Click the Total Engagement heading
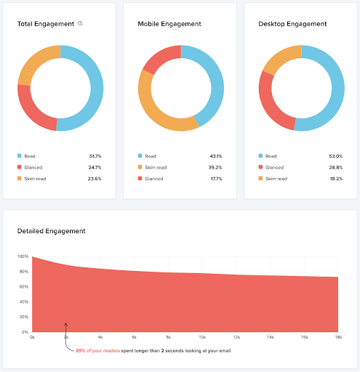click(46, 24)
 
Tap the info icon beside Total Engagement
click(80, 23)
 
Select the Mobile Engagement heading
click(169, 24)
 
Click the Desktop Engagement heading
click(292, 24)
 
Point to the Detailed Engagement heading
click(51, 231)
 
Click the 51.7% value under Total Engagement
click(95, 156)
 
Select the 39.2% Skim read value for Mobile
click(215, 167)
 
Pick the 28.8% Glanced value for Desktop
click(336, 167)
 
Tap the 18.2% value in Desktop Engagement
click(336, 178)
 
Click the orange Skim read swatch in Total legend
click(20, 178)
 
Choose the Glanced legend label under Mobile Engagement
click(154, 178)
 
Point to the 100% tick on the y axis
click(23, 256)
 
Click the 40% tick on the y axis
click(24, 302)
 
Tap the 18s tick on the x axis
click(337, 337)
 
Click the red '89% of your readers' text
click(99, 350)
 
